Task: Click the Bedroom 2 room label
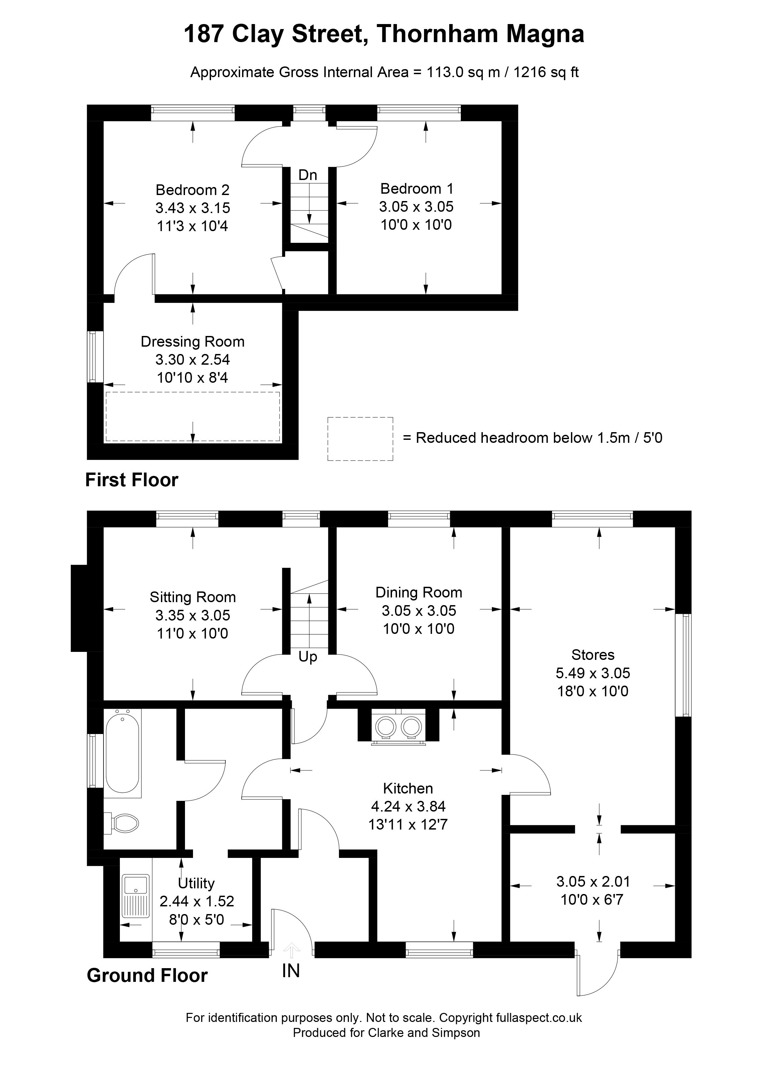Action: click(x=192, y=190)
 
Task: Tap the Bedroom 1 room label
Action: click(x=417, y=189)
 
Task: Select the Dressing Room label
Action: click(x=192, y=342)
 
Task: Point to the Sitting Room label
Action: click(x=192, y=597)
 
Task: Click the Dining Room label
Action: click(x=419, y=592)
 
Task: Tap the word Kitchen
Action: click(x=408, y=788)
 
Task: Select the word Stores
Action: click(x=593, y=655)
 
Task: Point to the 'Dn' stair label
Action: click(x=308, y=175)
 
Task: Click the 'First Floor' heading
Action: click(x=132, y=480)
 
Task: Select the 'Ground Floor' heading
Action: click(x=147, y=976)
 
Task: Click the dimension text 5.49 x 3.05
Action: click(x=593, y=673)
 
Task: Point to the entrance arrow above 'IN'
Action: click(x=292, y=950)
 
